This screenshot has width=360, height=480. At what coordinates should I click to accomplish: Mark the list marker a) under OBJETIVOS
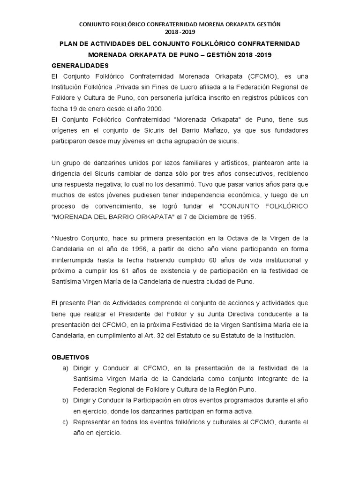66,368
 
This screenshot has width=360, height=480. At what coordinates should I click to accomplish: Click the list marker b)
66,401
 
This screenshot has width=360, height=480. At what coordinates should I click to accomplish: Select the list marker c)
66,422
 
